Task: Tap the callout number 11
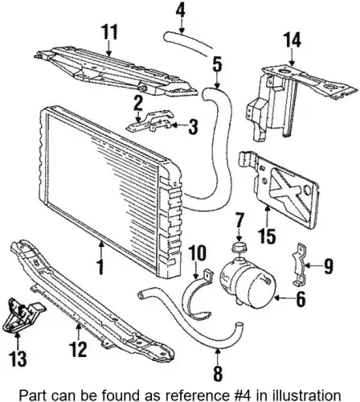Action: point(109,32)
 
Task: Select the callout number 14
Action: point(292,40)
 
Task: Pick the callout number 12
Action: point(78,349)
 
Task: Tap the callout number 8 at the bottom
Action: point(218,373)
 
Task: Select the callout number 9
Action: point(328,266)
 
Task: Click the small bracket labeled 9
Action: point(298,264)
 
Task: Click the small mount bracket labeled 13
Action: point(22,316)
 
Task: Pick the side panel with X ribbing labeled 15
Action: point(280,191)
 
